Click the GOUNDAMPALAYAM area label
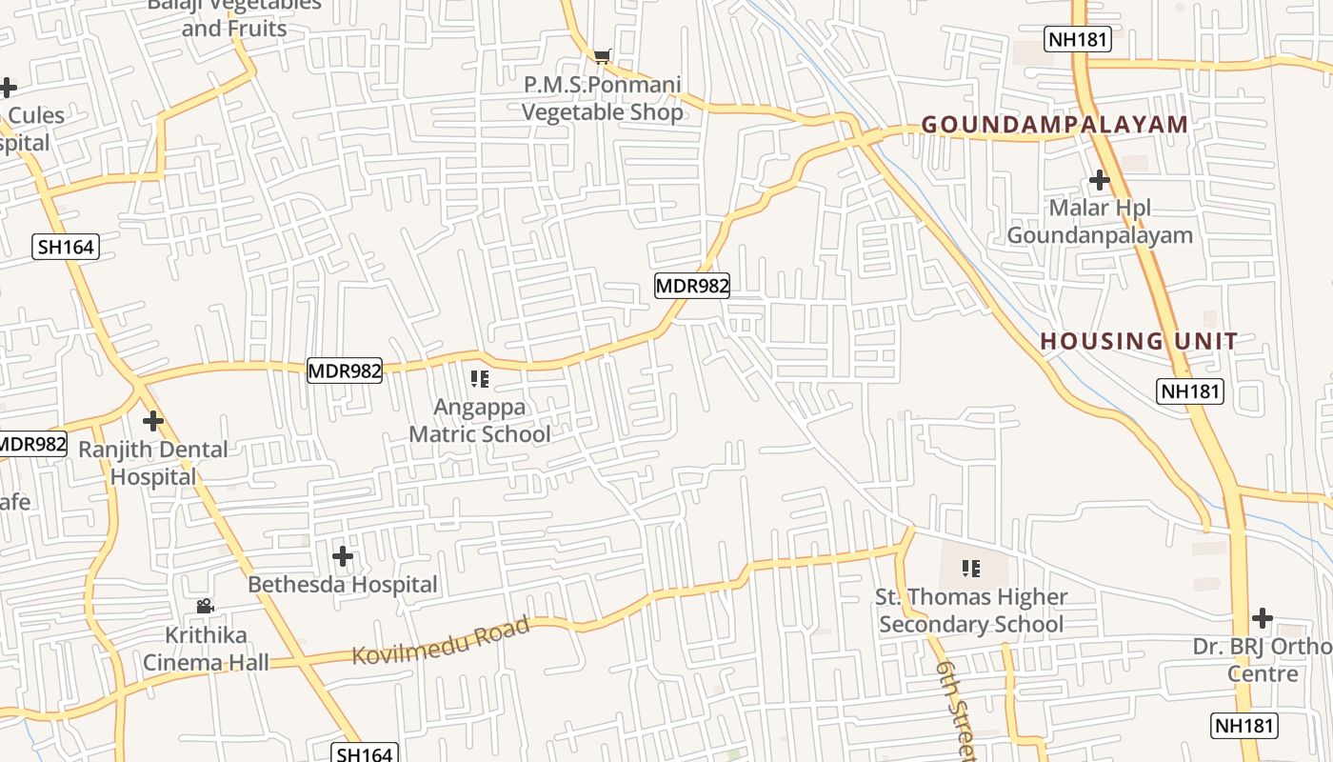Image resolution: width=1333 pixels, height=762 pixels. (x=1055, y=125)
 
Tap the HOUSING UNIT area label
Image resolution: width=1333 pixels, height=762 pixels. (x=1139, y=341)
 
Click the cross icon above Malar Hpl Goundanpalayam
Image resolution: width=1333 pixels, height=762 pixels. (x=1100, y=179)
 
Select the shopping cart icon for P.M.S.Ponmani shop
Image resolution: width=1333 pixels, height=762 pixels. (x=602, y=57)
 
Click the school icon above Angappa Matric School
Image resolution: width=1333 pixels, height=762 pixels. (x=480, y=379)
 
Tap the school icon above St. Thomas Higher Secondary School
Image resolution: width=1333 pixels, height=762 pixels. (x=971, y=569)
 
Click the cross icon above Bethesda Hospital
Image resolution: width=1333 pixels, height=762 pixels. (x=343, y=555)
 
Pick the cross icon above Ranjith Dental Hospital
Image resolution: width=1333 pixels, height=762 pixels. (x=152, y=420)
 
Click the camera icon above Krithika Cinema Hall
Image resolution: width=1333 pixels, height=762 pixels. (x=205, y=606)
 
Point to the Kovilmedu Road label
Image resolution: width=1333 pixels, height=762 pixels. (x=440, y=642)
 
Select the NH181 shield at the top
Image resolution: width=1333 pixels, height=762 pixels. (x=1078, y=39)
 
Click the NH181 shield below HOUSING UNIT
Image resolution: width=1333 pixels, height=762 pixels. (x=1190, y=391)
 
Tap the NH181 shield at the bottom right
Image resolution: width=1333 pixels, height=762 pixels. (x=1243, y=725)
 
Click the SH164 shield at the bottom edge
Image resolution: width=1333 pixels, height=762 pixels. (x=364, y=753)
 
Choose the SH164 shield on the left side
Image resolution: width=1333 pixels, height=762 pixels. (x=66, y=248)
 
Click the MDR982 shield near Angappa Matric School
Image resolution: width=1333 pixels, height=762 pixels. (x=345, y=371)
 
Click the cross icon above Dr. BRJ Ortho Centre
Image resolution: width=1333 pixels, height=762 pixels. (x=1263, y=618)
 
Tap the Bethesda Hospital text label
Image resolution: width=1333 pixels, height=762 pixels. (x=343, y=584)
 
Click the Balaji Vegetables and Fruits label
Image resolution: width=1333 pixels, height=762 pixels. (x=234, y=16)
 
